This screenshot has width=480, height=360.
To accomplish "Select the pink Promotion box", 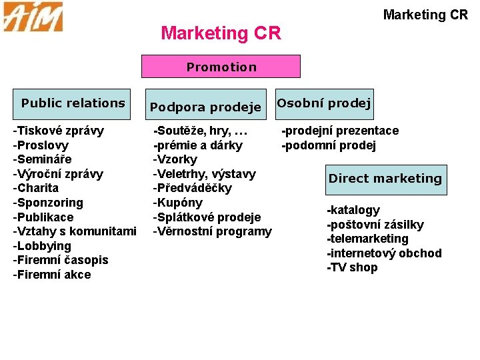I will pos(221,67).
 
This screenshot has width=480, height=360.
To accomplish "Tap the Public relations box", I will pos(73,103).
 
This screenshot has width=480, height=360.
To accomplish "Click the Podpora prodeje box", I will pos(205,107).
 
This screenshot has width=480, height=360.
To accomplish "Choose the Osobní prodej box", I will pos(324,103).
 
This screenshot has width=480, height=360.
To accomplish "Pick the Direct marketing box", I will pos(385,179).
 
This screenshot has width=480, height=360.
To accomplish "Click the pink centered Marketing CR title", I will pos(221,33).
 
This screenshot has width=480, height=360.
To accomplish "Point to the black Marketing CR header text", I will pos(425,15).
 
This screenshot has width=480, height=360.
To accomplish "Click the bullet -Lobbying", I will pos(42,245).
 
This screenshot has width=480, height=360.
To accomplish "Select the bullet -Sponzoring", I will pos(48,202).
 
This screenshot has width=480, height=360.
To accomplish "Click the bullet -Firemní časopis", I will pos(61,260).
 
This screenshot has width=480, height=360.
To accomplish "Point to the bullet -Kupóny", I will pos(178,202).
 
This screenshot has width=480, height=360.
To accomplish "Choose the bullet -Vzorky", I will pos(175,159).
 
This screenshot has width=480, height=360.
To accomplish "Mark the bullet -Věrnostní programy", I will pos(213,231).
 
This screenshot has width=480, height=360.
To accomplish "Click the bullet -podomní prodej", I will pos(329,145).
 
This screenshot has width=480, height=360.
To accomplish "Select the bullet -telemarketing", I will pos(367,239).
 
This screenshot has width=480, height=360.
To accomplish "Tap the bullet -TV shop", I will pos(352,267).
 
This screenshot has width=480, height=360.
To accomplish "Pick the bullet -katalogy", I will pos(353,210).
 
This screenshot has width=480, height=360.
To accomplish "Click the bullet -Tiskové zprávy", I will pos(58,131).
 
